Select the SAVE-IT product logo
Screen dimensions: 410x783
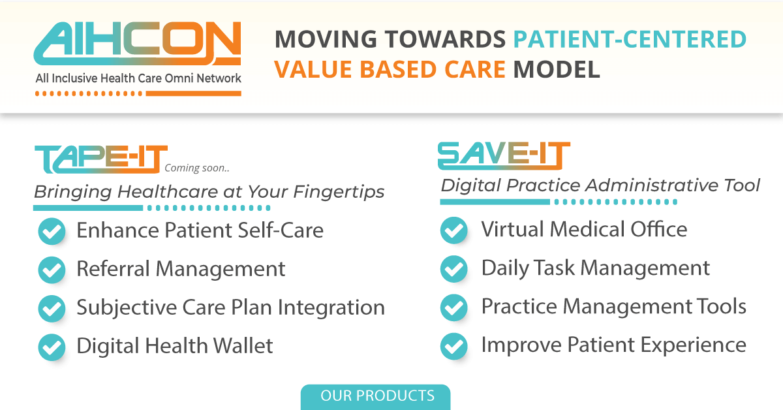(x=503, y=156)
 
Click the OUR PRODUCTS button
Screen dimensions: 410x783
(x=376, y=396)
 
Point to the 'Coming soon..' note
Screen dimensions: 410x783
(x=197, y=168)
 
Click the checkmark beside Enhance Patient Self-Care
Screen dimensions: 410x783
(x=52, y=231)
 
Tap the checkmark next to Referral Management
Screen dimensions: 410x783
(x=52, y=270)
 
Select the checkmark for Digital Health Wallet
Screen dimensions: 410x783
(x=52, y=347)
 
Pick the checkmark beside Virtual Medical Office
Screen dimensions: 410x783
(x=454, y=230)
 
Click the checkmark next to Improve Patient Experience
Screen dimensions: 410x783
(x=454, y=345)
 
